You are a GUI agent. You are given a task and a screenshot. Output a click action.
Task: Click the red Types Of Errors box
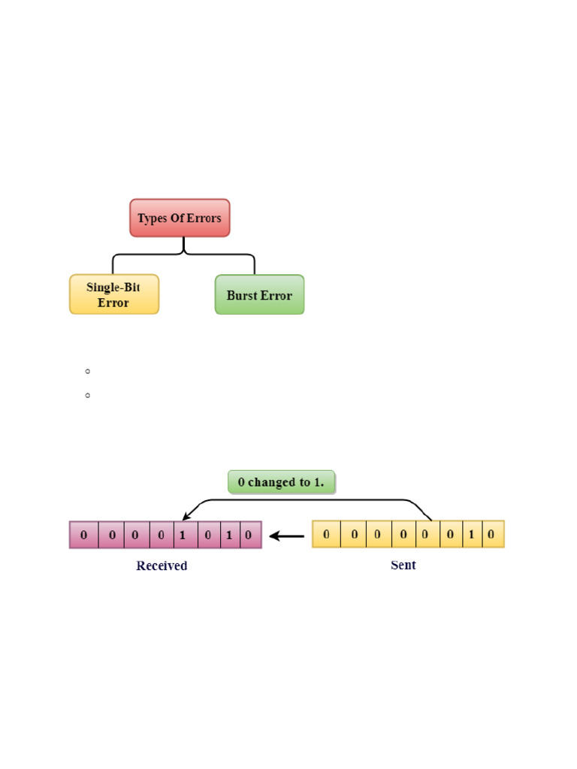coord(180,218)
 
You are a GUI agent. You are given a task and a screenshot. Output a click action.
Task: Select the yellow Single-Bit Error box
coord(114,294)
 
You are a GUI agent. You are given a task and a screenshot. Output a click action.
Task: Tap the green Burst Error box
coord(259,294)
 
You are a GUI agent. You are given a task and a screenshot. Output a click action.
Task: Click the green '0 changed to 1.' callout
coord(281,482)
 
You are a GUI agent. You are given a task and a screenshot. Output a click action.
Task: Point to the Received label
coord(162,565)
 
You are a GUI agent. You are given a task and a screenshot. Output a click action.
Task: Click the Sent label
coord(403,565)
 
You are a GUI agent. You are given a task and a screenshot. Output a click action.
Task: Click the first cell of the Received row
coord(84,535)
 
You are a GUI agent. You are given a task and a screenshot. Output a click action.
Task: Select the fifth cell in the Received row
coord(182,535)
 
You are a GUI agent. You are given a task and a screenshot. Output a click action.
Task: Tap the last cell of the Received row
coord(249,535)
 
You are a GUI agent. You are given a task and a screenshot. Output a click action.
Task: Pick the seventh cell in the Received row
coord(229,535)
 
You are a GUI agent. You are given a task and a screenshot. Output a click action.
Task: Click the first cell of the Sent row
coord(326,534)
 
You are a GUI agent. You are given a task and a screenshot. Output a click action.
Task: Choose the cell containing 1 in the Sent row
coord(471,534)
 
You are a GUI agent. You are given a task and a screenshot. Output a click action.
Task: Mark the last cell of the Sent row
coord(491,534)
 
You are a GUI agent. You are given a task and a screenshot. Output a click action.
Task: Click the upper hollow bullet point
coord(88,371)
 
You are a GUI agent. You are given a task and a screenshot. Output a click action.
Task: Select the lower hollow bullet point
coord(88,395)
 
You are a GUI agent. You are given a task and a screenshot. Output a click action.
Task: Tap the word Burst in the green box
coord(241,295)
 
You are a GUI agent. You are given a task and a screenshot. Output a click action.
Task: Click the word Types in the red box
coord(152,218)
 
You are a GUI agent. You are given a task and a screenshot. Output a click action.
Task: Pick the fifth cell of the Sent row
coord(425,534)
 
